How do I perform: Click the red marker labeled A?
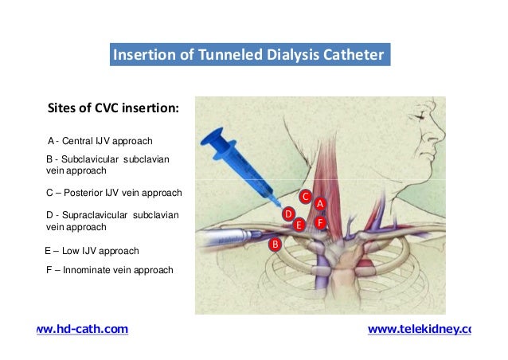coord(319,205)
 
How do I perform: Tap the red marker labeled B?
coord(275,244)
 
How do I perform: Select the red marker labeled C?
coord(304,195)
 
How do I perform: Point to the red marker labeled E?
coord(299,225)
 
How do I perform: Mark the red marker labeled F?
coord(319,223)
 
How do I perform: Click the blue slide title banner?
coord(249,56)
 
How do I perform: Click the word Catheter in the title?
coord(354,56)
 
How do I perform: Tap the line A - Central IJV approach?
coord(100,141)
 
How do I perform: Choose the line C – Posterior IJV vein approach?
coord(115,193)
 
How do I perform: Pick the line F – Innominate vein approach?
coord(110,270)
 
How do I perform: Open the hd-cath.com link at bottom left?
coord(83,329)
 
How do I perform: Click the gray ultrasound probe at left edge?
coord(219,236)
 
